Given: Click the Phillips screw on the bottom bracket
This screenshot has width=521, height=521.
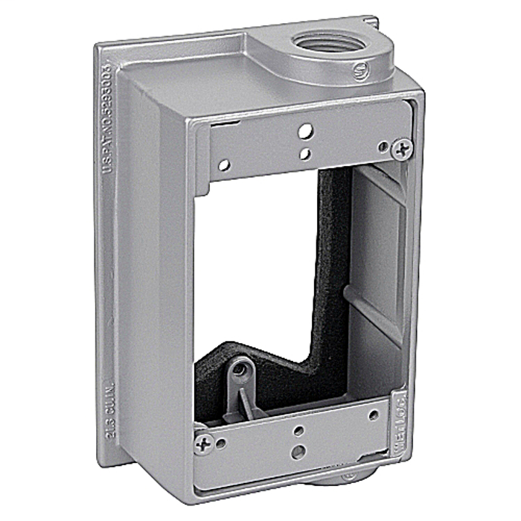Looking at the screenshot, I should [x=202, y=444].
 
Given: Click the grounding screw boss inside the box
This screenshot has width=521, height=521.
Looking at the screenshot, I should [x=240, y=370].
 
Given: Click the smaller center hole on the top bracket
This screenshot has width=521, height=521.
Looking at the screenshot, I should [x=305, y=154].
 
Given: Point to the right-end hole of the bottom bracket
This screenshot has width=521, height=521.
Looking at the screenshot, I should [x=373, y=415].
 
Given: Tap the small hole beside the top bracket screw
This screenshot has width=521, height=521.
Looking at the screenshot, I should [x=383, y=147].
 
